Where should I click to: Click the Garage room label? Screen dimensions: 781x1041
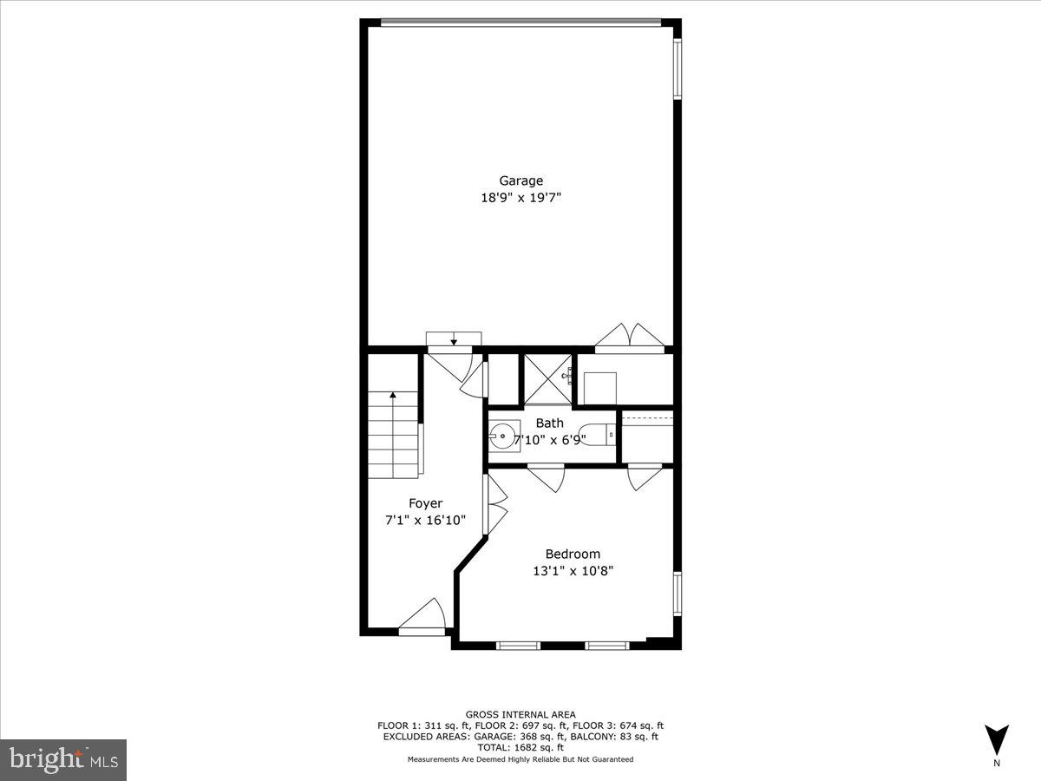tap(520, 180)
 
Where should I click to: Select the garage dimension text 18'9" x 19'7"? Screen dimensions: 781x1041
tap(520, 198)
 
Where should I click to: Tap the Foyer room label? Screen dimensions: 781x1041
tap(425, 503)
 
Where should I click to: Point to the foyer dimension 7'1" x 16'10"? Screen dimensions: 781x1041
tap(425, 521)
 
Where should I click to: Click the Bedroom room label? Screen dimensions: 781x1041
tap(573, 554)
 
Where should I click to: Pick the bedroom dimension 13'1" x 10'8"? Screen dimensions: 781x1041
tap(573, 571)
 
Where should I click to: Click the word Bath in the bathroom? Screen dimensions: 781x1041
tap(549, 423)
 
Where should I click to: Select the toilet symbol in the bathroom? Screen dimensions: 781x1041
tap(597, 434)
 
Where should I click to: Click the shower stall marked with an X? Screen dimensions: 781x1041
tap(546, 378)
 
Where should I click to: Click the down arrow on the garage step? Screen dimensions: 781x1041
tap(453, 338)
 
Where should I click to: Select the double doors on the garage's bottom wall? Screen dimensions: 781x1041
tap(632, 337)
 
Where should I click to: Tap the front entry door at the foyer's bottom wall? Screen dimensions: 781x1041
tap(422, 618)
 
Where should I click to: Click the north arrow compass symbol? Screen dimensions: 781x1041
tap(997, 739)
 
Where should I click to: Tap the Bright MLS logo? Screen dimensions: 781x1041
tap(63, 759)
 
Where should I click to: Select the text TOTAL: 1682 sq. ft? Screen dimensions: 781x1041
tap(520, 747)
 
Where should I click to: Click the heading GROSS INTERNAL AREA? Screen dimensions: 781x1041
tap(520, 715)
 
